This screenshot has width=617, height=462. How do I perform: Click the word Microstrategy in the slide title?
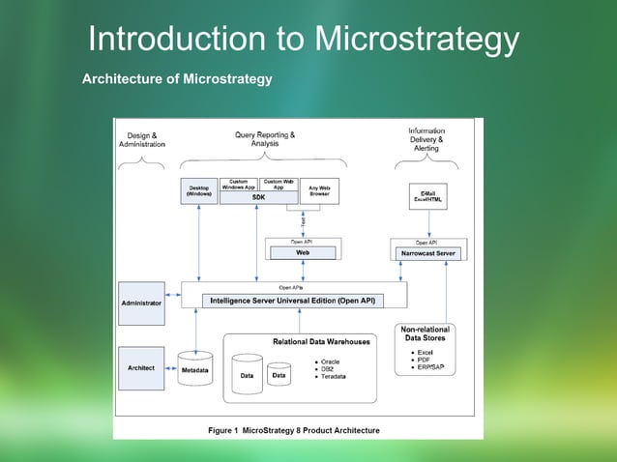click(x=417, y=40)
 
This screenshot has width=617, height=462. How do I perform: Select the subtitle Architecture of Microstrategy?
click(x=177, y=78)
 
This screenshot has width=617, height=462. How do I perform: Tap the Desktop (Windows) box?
click(x=199, y=190)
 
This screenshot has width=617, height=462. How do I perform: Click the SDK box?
click(x=258, y=197)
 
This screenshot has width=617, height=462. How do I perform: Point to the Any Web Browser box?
click(x=319, y=190)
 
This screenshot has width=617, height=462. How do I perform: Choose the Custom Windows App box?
click(x=238, y=184)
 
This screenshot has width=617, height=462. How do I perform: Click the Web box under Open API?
click(x=302, y=252)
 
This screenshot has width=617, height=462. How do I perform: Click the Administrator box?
click(x=141, y=303)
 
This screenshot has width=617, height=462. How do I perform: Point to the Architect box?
click(x=141, y=368)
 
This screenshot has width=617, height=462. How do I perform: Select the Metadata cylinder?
click(x=196, y=370)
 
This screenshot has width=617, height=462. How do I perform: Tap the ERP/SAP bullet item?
click(x=426, y=367)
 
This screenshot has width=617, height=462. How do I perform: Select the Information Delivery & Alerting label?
click(x=426, y=139)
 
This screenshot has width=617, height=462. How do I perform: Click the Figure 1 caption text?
click(x=294, y=430)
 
